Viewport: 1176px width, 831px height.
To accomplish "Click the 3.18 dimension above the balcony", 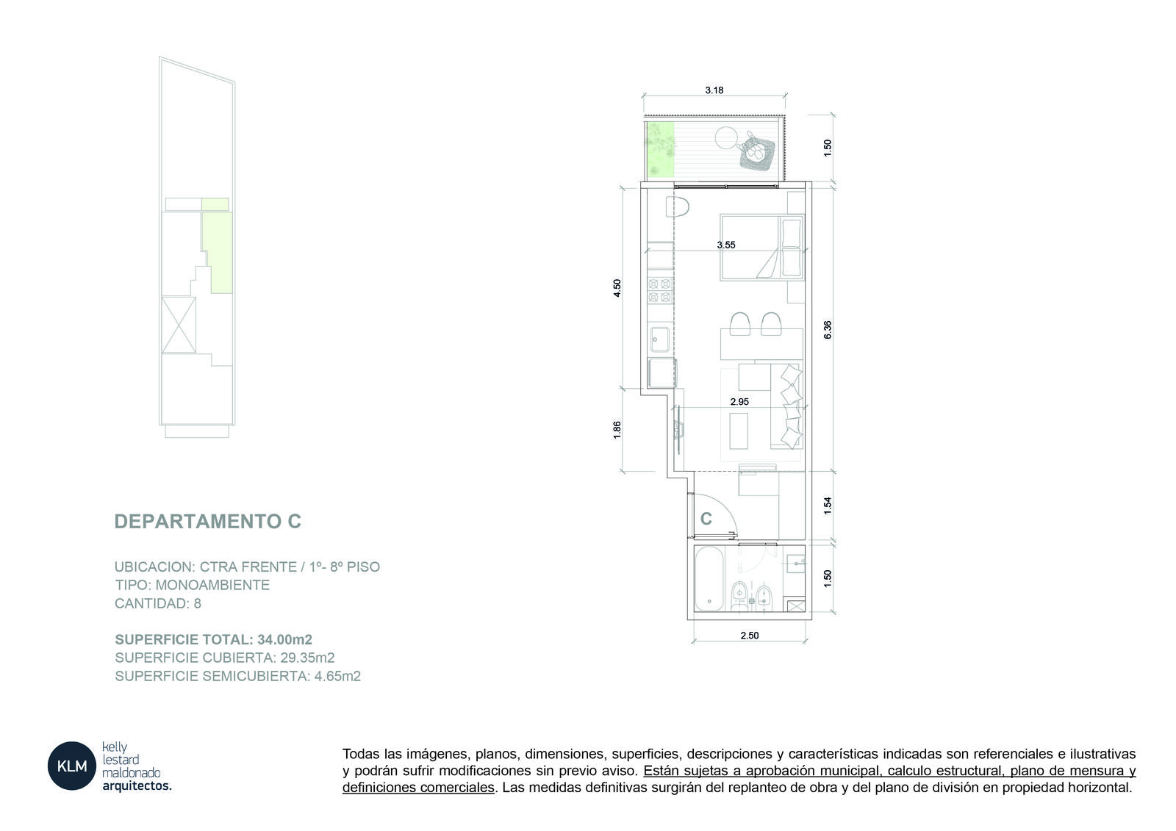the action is click(x=714, y=90).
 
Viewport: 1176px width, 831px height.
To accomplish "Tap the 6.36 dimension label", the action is click(x=828, y=330).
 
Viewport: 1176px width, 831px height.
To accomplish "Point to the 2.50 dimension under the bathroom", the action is click(x=749, y=636).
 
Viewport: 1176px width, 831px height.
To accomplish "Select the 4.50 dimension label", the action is click(x=617, y=288).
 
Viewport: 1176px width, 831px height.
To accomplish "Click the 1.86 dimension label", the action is click(x=617, y=430).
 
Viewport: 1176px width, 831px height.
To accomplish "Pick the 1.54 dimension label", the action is click(x=828, y=506).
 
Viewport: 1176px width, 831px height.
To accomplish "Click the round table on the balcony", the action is click(x=727, y=138).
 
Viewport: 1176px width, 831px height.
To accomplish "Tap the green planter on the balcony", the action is click(x=660, y=150).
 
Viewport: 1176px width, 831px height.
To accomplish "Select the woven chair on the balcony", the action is click(x=756, y=151).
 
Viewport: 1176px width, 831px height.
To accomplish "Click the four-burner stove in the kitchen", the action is click(x=660, y=291).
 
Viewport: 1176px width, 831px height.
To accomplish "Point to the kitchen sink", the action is click(x=660, y=339).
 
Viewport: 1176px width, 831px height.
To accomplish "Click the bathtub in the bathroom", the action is click(x=710, y=578).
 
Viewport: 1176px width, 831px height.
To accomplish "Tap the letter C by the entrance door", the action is click(x=706, y=519).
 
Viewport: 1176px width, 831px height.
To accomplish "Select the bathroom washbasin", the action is click(x=795, y=564).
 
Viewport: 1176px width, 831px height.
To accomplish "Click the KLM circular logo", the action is click(x=72, y=766).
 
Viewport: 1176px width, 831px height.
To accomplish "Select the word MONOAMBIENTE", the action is click(x=212, y=585).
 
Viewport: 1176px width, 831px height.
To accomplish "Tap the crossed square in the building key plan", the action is click(x=179, y=325).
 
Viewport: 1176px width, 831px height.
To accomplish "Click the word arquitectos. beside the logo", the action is click(x=137, y=786).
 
